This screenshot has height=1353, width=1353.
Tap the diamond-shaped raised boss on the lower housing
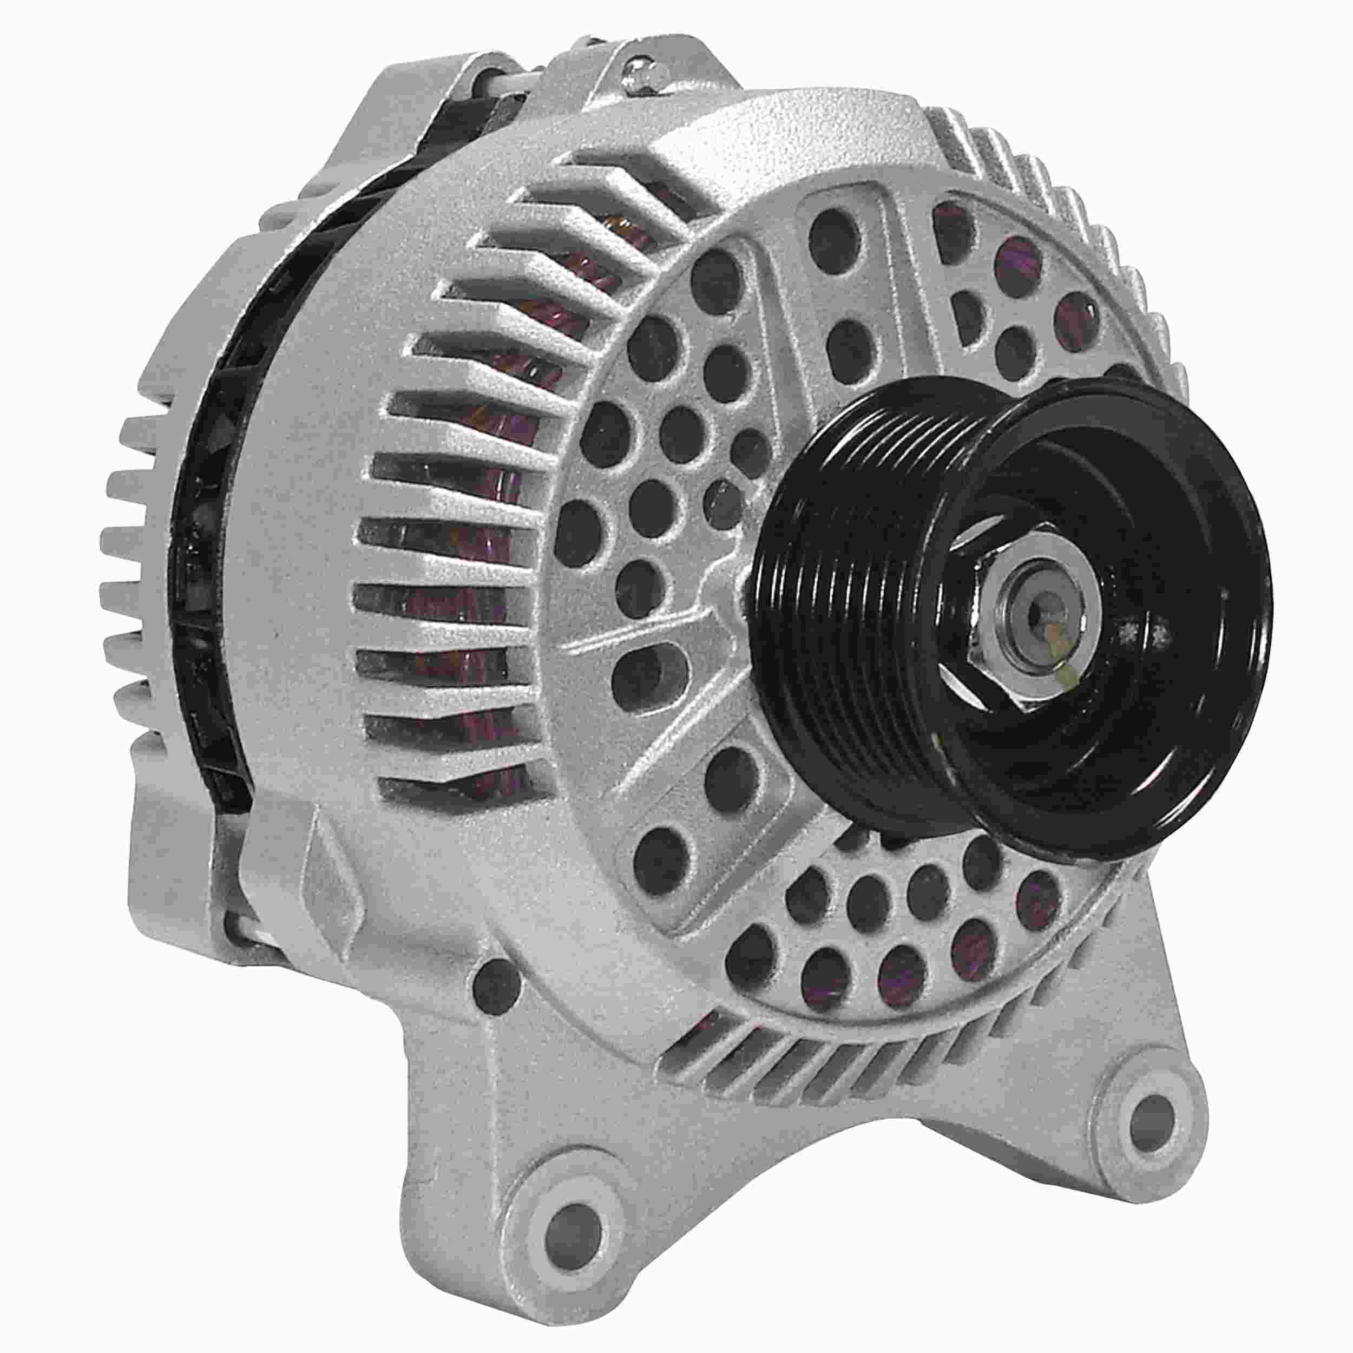pos(329,869)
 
